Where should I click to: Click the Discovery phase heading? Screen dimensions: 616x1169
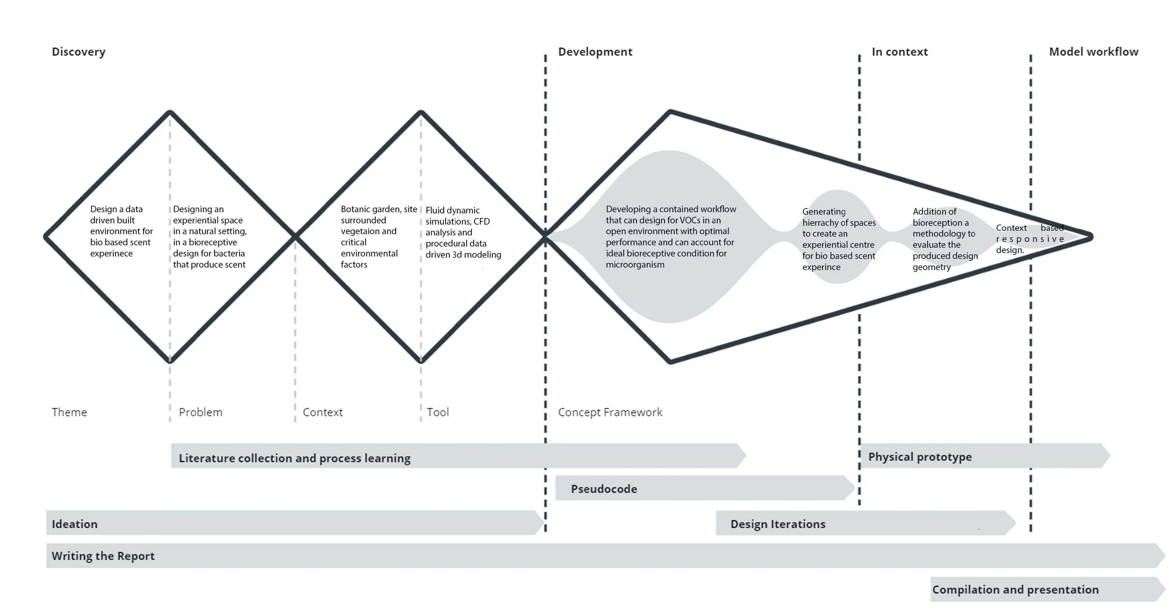(79, 52)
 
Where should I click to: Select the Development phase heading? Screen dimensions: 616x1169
(595, 52)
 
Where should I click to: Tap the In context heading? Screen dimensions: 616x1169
(899, 52)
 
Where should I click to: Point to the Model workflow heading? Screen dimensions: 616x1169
(1093, 52)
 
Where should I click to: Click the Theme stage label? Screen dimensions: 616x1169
(69, 412)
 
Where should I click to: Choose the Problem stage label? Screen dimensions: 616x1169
(200, 412)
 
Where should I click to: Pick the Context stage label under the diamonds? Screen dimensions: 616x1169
(323, 412)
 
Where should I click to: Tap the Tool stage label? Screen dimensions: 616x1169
(438, 412)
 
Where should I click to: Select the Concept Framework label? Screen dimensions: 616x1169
(610, 412)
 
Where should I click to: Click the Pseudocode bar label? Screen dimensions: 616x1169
(604, 489)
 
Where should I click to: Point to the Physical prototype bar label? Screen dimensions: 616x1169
(920, 457)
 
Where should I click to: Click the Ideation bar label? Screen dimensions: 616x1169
(74, 524)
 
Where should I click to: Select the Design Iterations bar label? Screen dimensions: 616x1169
(778, 524)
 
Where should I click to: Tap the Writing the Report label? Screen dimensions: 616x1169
(103, 556)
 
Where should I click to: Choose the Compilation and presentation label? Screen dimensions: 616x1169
(1015, 589)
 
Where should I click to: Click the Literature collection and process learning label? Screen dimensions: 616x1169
(295, 458)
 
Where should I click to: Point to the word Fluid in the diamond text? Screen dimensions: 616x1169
(435, 210)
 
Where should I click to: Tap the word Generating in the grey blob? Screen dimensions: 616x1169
(824, 212)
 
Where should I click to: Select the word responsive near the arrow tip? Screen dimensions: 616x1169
(1030, 239)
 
